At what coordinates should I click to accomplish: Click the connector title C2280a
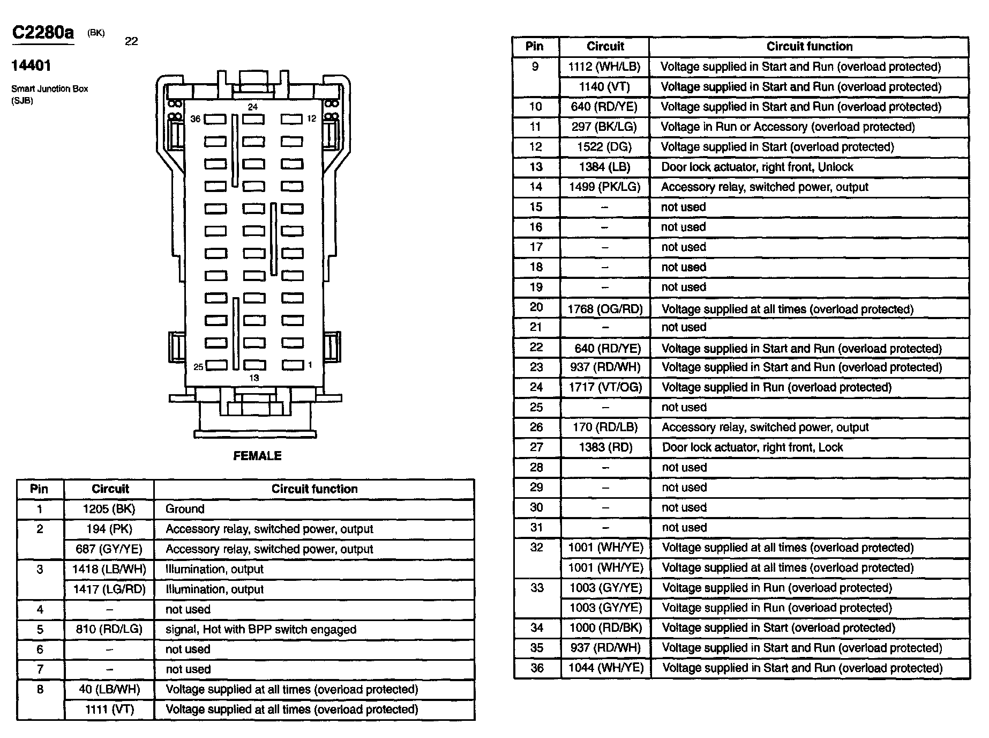click(43, 33)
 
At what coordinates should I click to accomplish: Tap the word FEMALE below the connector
click(257, 456)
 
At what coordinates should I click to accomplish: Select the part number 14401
click(31, 66)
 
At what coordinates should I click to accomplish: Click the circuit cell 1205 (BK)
click(109, 509)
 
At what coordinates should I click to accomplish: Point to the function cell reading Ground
click(185, 509)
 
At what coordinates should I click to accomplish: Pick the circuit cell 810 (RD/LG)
click(109, 629)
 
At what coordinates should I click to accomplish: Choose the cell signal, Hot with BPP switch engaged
click(261, 629)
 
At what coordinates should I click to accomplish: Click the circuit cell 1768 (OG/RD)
click(605, 309)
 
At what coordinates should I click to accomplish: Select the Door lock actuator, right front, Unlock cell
click(757, 167)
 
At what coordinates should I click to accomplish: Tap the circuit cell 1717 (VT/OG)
click(605, 387)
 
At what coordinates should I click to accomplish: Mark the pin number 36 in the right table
click(537, 668)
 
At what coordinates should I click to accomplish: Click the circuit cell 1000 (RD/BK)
click(605, 628)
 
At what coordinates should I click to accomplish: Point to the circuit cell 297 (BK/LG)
click(604, 127)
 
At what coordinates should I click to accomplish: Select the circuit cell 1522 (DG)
click(604, 147)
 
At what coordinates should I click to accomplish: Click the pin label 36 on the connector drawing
click(196, 119)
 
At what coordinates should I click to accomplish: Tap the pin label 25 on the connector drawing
click(198, 367)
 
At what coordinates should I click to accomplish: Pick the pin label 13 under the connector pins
click(254, 378)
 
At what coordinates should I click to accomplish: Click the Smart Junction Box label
click(49, 89)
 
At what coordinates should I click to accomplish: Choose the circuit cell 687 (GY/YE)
click(109, 549)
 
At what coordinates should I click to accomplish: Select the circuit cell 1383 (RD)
click(605, 447)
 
